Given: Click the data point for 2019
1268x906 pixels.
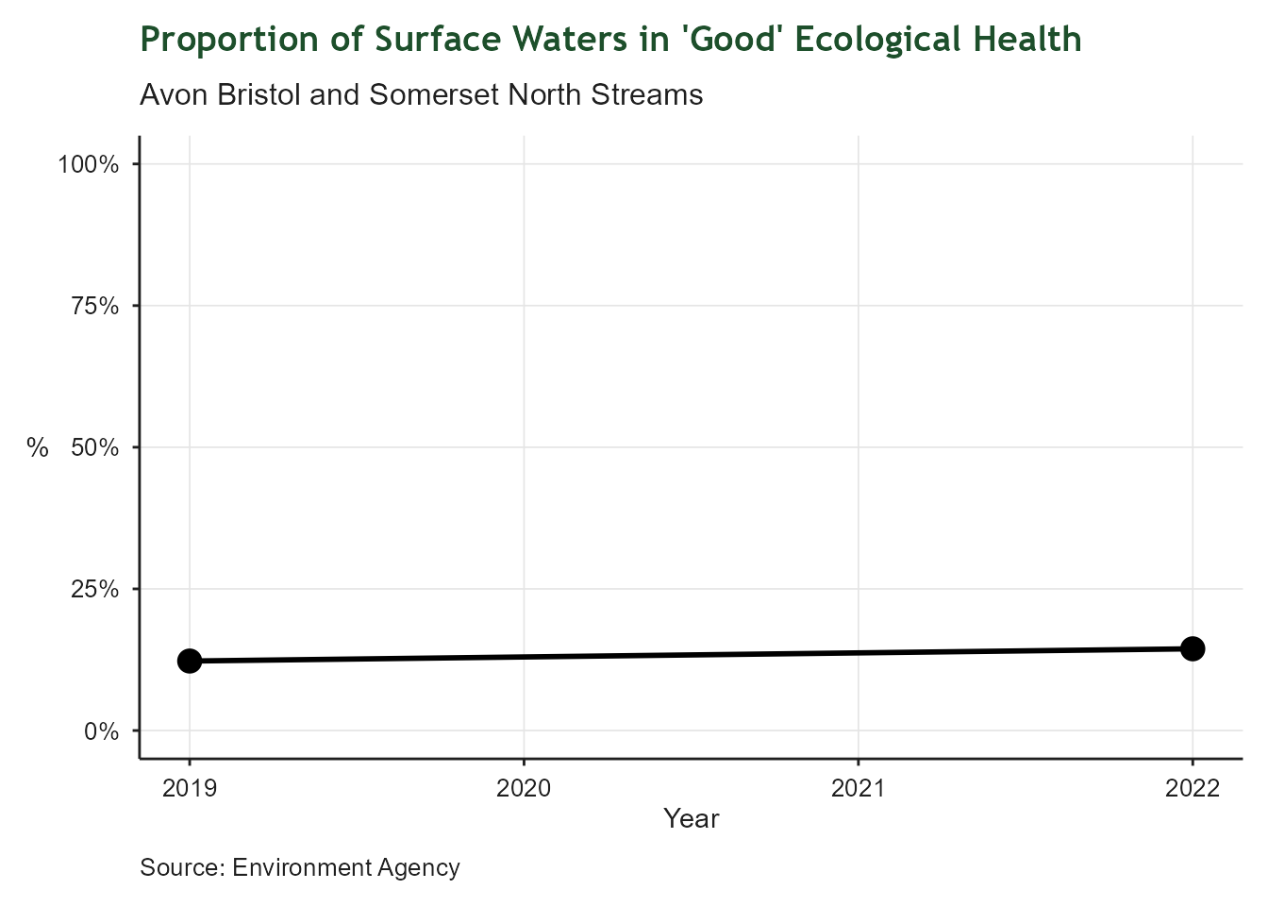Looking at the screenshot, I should (190, 661).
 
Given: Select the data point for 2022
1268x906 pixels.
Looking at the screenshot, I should (1193, 648).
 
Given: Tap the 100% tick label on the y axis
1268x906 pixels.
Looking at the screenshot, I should (88, 164).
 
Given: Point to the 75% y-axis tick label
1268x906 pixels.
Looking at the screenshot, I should (94, 306).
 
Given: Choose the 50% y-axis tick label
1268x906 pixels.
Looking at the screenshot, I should (94, 447).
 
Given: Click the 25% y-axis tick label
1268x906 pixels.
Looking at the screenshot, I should (94, 589).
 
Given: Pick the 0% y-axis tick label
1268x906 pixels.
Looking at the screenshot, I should (101, 730).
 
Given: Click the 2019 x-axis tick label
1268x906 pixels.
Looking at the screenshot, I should (190, 789).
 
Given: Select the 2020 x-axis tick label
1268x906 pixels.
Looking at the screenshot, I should (524, 789).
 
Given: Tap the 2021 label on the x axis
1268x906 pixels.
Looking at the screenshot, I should (858, 789).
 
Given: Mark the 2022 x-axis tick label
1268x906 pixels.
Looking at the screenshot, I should (1193, 789).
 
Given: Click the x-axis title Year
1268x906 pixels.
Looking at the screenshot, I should (691, 819).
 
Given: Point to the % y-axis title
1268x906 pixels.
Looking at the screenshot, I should (38, 447).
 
